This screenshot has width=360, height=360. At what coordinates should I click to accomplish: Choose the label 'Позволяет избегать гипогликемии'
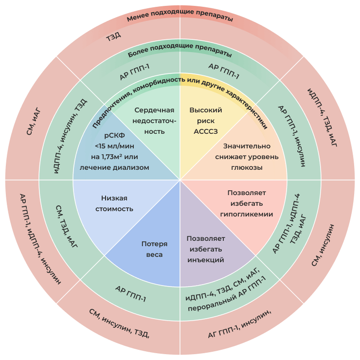[246, 203]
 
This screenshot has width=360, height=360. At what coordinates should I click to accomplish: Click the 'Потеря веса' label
[154, 249]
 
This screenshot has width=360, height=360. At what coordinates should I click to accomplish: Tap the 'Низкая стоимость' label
[117, 203]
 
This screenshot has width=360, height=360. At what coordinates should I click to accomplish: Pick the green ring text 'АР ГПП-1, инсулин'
[291, 136]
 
